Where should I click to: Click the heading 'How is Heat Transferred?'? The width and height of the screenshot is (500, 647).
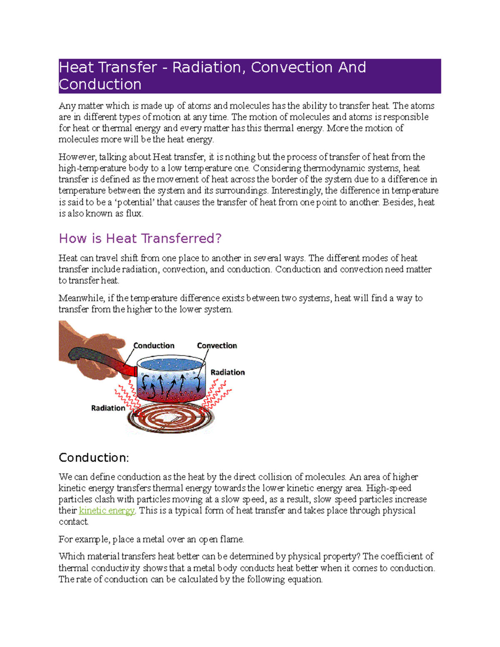pos(140,238)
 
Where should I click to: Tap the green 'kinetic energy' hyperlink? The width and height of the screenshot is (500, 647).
pos(107,510)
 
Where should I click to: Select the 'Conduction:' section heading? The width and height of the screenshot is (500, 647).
pos(94,457)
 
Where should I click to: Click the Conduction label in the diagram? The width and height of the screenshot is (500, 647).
pos(154,345)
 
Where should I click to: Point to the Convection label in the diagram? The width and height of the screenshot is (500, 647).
pos(217,345)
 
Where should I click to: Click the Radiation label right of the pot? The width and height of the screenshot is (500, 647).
pos(227,372)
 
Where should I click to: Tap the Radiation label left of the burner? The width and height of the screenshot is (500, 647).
pos(108,408)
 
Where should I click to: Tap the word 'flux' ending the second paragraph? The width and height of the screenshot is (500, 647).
pos(134,214)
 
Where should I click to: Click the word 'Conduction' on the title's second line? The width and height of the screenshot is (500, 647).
pos(100,85)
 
